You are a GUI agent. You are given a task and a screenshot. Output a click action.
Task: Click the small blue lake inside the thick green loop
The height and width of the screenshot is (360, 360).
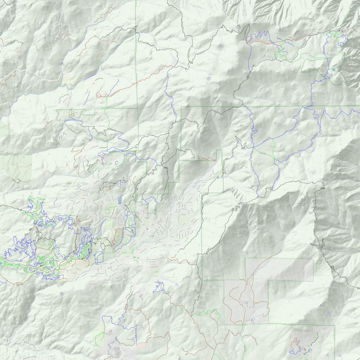click(334, 70)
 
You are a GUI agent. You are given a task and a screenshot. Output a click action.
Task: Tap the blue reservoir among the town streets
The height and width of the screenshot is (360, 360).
click(121, 199)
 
